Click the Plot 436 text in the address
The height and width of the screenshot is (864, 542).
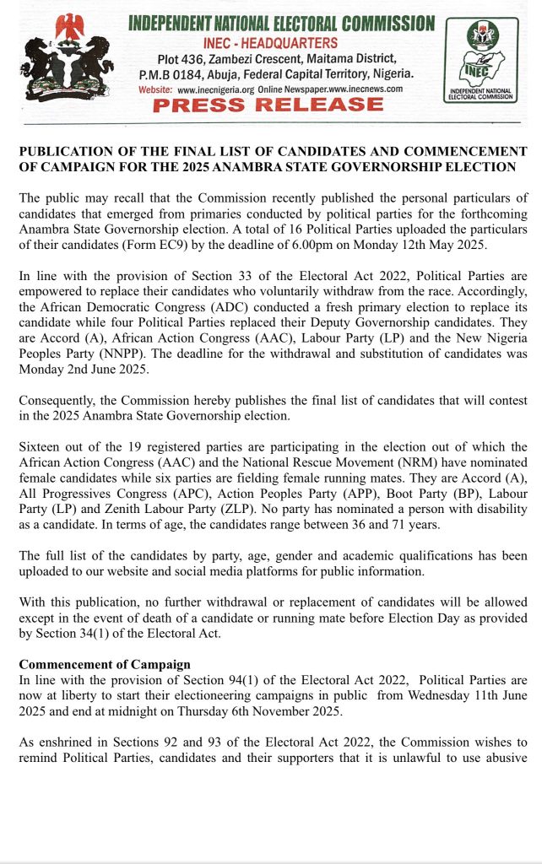pyautogui.click(x=176, y=57)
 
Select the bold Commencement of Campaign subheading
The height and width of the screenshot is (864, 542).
pyautogui.click(x=105, y=664)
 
